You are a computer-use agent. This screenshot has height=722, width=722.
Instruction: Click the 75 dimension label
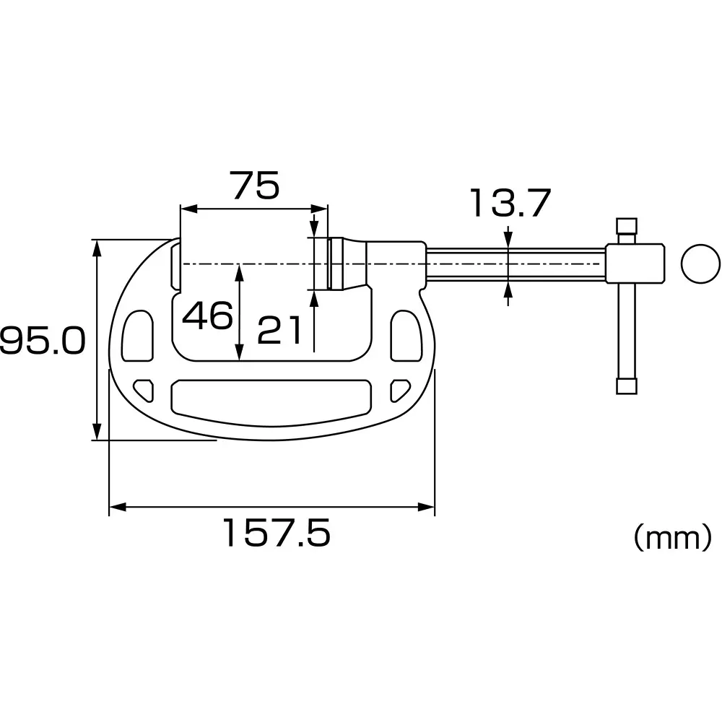tap(255, 186)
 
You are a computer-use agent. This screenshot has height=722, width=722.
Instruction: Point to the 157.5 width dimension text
tap(275, 534)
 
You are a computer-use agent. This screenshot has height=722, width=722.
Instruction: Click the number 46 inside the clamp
tap(207, 316)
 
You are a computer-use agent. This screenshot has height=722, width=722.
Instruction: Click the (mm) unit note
tap(672, 538)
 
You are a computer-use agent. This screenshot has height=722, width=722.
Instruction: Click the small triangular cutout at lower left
tap(144, 389)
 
